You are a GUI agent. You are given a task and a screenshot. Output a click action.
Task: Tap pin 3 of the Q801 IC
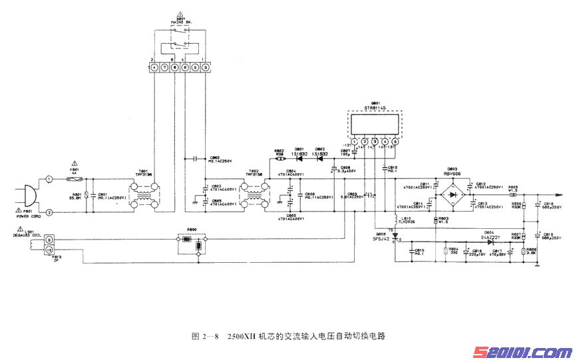pyautogui.click(x=375, y=142)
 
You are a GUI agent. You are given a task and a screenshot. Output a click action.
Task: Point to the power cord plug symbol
pyautogui.click(x=25, y=195)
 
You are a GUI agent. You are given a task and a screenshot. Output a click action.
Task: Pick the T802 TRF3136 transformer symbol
pyautogui.click(x=254, y=194)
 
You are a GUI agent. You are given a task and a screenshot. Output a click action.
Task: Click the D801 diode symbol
pyautogui.click(x=299, y=158)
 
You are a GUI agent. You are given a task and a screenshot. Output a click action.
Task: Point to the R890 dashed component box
pyautogui.click(x=192, y=244)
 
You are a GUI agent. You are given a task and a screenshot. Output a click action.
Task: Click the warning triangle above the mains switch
pyautogui.click(x=180, y=14)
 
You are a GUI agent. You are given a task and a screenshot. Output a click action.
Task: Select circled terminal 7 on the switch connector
pyautogui.click(x=164, y=68)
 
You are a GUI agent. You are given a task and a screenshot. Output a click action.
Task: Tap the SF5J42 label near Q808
pyautogui.click(x=381, y=239)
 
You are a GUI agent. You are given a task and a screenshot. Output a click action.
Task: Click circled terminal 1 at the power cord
pyautogui.click(x=49, y=179)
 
